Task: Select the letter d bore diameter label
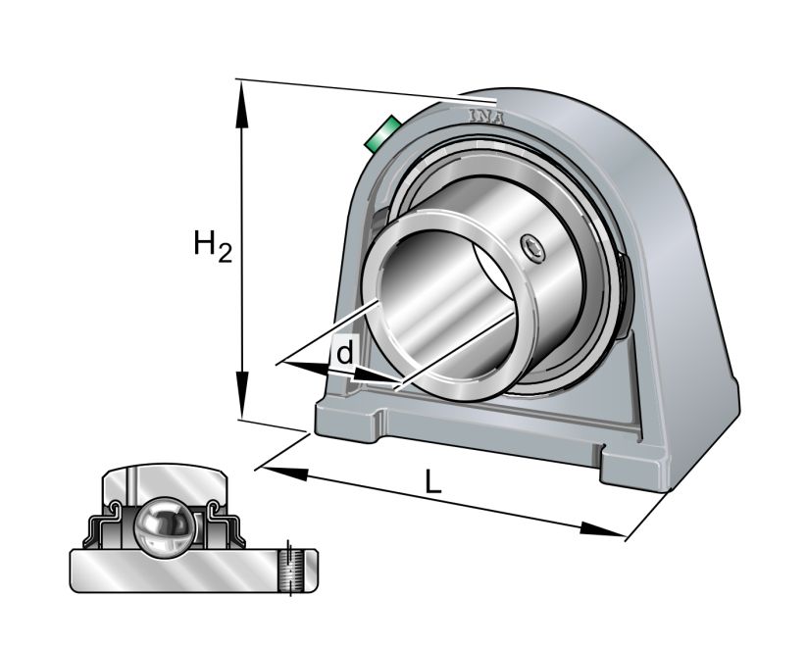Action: (x=343, y=352)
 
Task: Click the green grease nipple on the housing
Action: (x=379, y=134)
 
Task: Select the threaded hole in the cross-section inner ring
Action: (x=288, y=570)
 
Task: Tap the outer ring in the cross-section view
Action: (x=165, y=485)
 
